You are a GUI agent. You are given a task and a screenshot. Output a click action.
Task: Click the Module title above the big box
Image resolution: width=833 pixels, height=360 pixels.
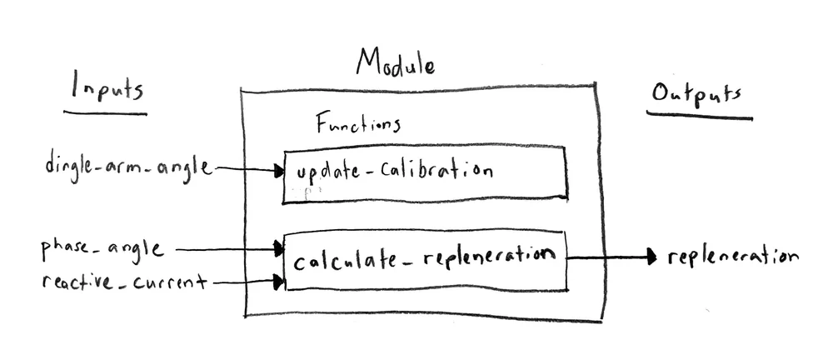[x=396, y=62]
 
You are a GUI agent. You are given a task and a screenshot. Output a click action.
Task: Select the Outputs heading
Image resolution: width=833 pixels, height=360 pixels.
[x=696, y=94]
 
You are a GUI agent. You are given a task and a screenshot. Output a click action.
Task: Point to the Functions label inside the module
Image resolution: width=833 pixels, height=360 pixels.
[x=358, y=126]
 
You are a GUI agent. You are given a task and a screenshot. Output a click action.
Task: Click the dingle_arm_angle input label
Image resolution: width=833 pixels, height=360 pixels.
[x=129, y=167]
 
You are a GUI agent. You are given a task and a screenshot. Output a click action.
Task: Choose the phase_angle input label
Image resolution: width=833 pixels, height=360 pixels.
[x=102, y=248]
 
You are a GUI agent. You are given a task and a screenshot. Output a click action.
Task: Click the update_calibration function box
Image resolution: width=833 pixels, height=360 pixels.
[x=425, y=174]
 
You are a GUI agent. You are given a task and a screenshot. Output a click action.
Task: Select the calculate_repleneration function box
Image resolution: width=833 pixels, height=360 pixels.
[x=426, y=262]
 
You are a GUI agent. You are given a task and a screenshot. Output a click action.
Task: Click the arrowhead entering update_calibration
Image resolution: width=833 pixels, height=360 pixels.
[x=278, y=172]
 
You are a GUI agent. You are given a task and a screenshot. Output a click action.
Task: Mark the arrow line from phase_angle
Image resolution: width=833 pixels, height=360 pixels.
[x=225, y=248]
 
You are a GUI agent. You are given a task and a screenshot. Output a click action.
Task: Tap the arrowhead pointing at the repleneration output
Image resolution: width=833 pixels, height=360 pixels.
[x=651, y=257]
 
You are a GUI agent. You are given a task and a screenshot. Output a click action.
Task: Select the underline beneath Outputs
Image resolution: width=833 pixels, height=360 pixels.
[x=700, y=116]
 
